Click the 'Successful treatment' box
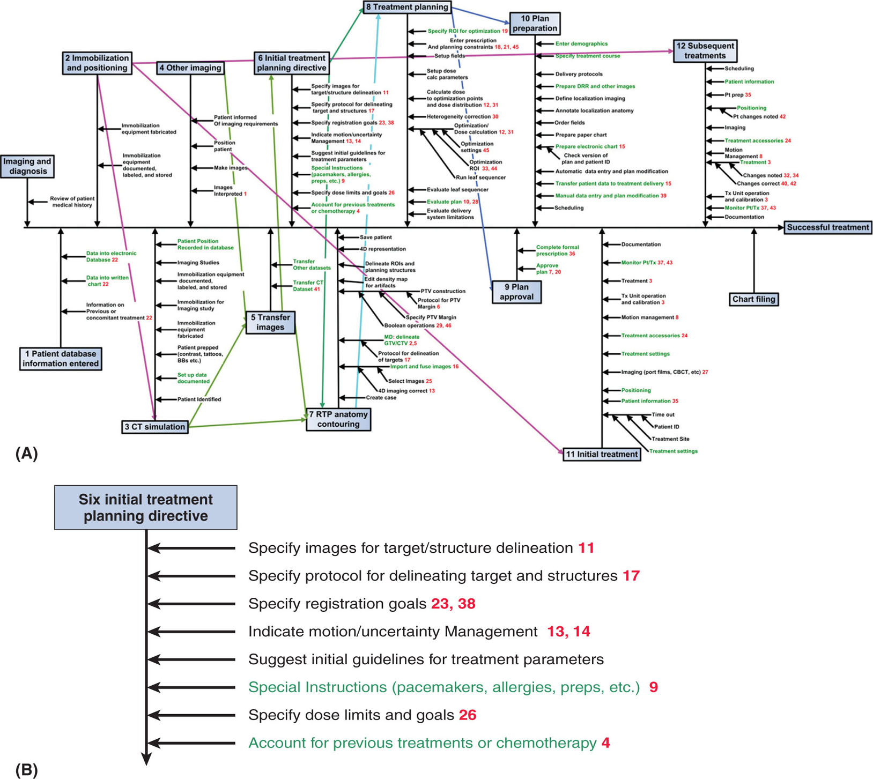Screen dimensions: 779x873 pyautogui.click(x=827, y=227)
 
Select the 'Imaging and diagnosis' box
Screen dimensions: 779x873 pyautogui.click(x=27, y=166)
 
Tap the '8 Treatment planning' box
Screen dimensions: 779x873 pyautogui.click(x=407, y=7)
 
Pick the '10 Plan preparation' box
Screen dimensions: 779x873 pyautogui.click(x=535, y=24)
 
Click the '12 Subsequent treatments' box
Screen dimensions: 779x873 pyautogui.click(x=705, y=51)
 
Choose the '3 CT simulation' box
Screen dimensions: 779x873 pyautogui.click(x=155, y=427)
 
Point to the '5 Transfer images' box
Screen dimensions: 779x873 pyautogui.click(x=270, y=322)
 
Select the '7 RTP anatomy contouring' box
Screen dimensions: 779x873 pyautogui.click(x=338, y=419)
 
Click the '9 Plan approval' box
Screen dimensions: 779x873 pyautogui.click(x=516, y=292)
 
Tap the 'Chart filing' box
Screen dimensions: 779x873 pyautogui.click(x=753, y=299)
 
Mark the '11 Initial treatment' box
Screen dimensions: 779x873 pyautogui.click(x=602, y=454)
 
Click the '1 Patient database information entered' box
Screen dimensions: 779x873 pyautogui.click(x=61, y=359)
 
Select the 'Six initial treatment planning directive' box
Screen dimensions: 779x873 pyautogui.click(x=145, y=508)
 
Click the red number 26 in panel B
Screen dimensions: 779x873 pyautogui.click(x=468, y=715)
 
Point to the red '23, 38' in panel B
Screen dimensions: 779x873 pyautogui.click(x=453, y=604)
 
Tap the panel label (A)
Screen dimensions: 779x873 pyautogui.click(x=26, y=454)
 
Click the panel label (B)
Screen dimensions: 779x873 pyautogui.click(x=26, y=770)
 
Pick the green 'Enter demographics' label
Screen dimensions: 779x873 pyautogui.click(x=581, y=44)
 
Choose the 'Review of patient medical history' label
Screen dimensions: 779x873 pyautogui.click(x=72, y=202)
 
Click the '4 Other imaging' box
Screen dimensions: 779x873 pyautogui.click(x=190, y=68)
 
